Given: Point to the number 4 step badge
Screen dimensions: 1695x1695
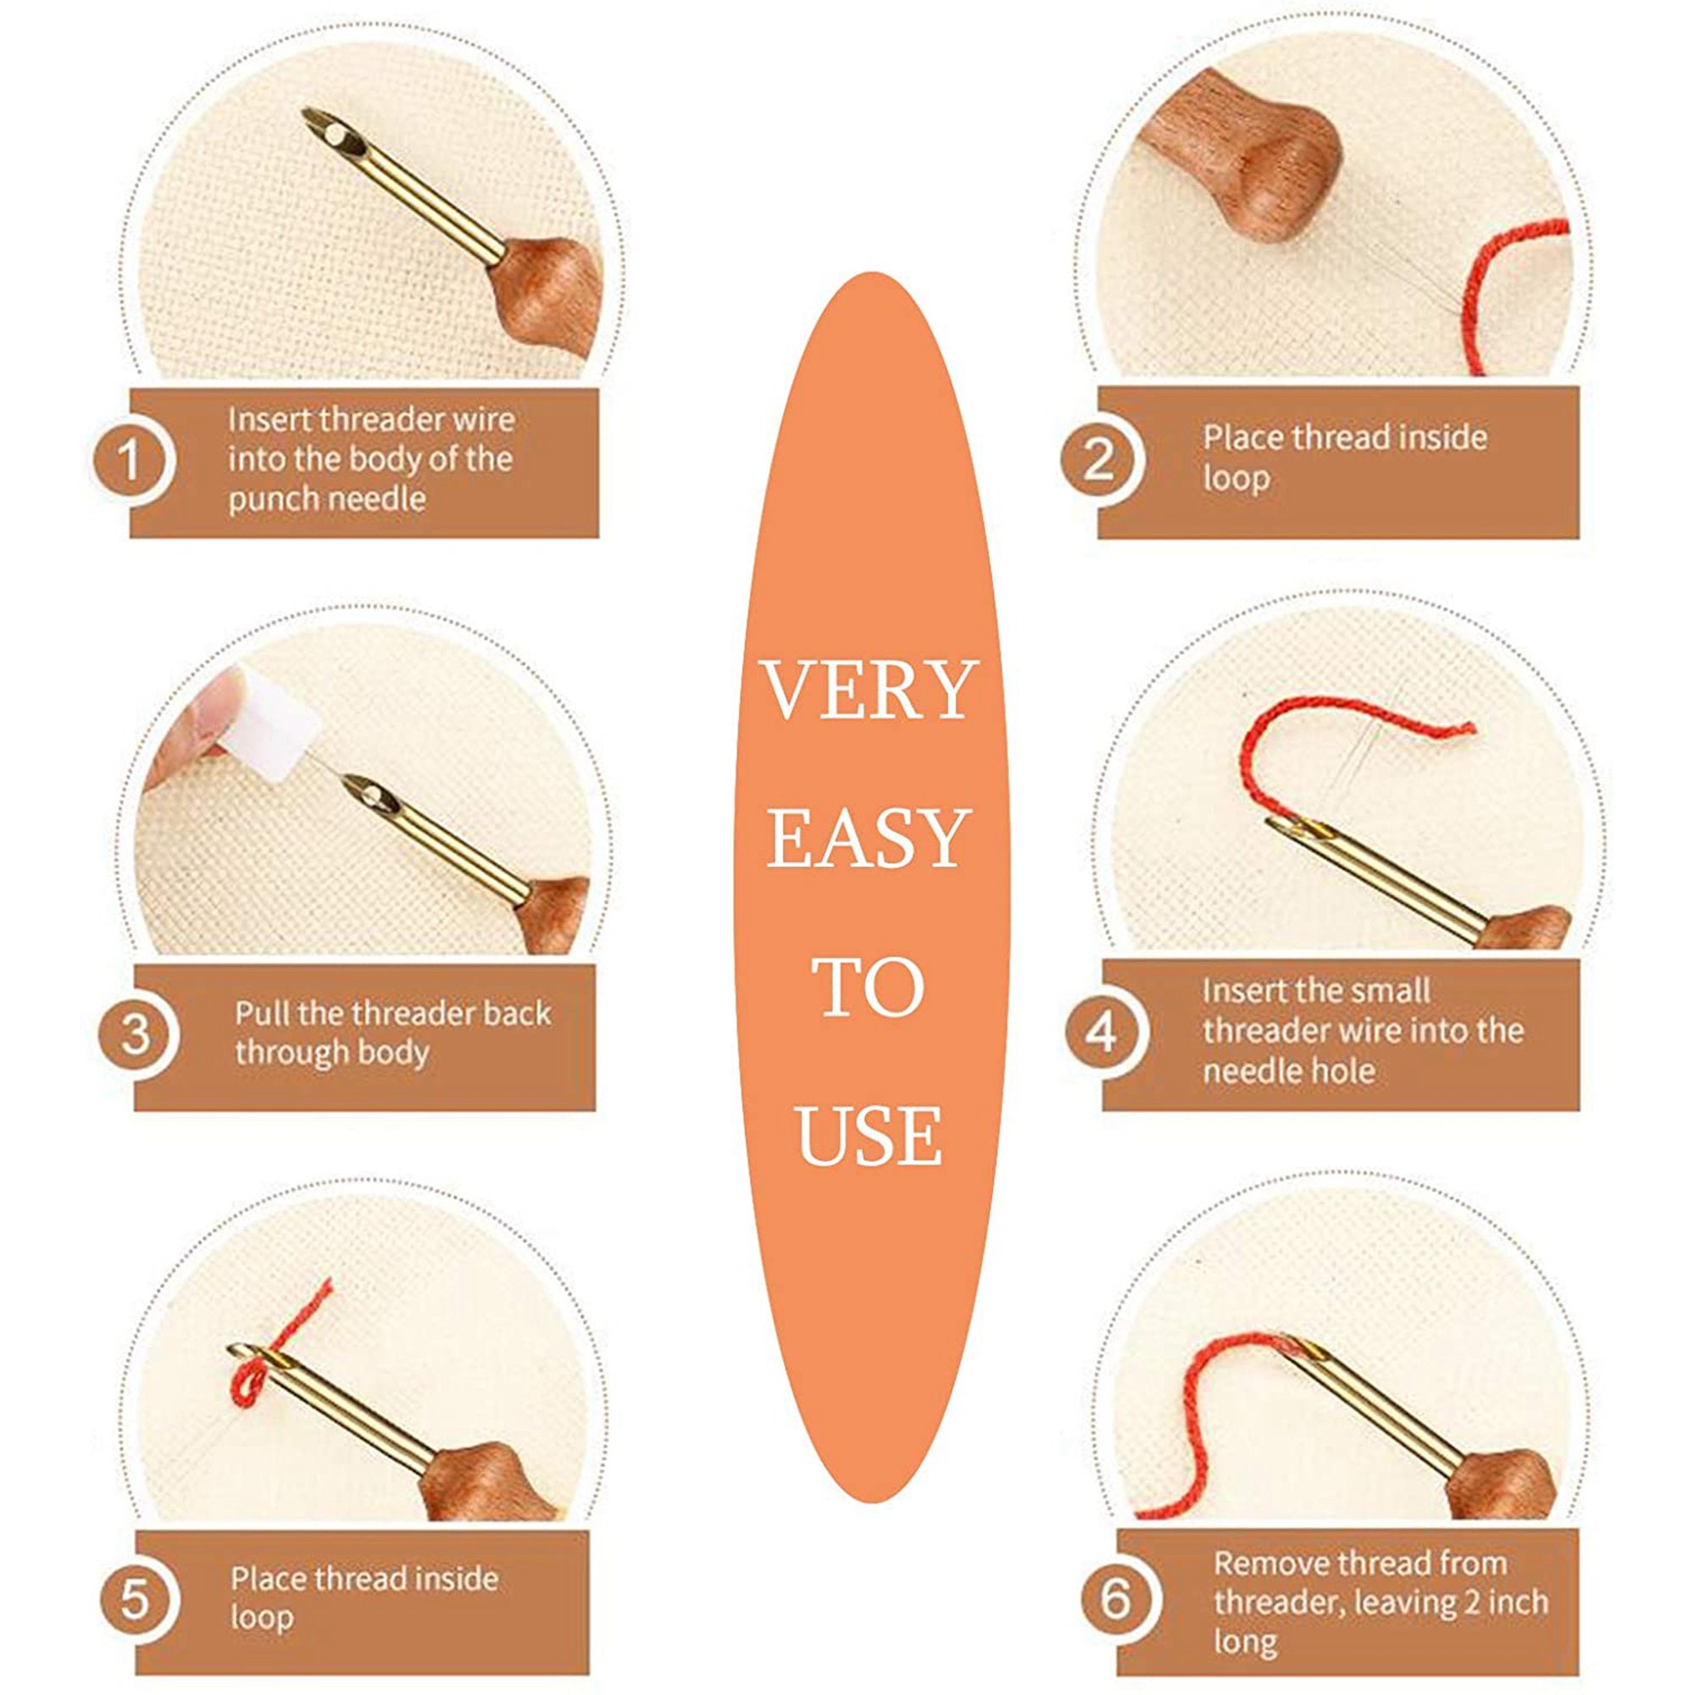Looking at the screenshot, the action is [1102, 1033].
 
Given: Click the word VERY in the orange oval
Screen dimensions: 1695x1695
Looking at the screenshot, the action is [869, 691].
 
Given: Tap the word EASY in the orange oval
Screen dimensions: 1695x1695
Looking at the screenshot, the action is [869, 839].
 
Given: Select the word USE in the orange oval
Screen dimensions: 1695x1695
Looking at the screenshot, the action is [870, 1136].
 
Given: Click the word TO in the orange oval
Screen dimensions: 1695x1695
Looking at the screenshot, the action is [869, 987].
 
